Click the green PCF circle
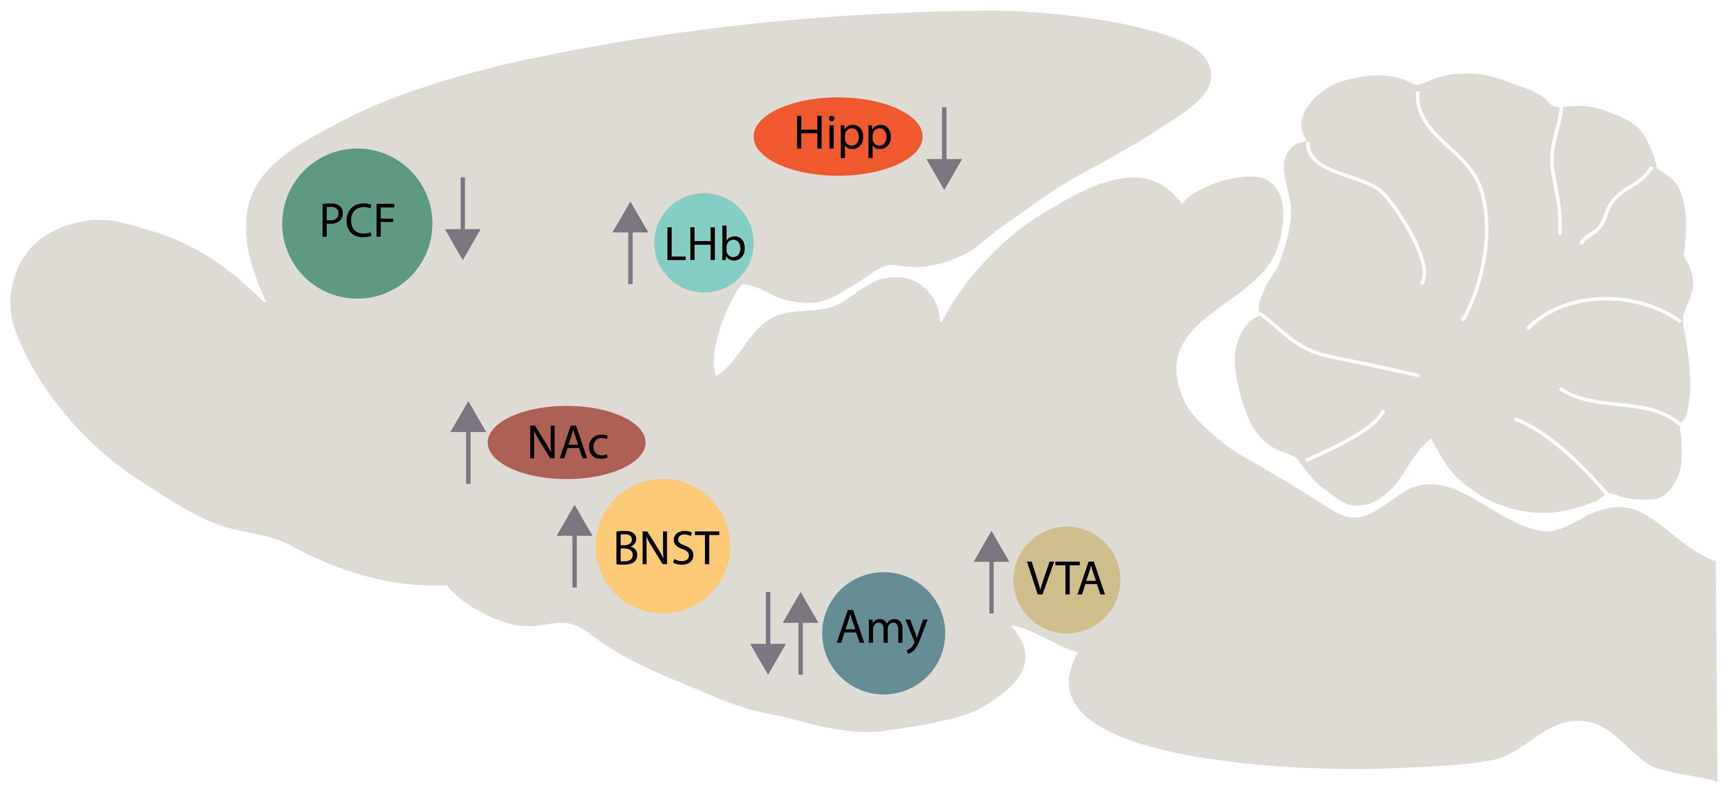tap(357, 224)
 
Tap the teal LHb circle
tap(704, 243)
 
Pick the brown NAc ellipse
tap(567, 443)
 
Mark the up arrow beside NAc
tap(468, 443)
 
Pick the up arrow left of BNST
tap(574, 547)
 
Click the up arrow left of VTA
tap(992, 573)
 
